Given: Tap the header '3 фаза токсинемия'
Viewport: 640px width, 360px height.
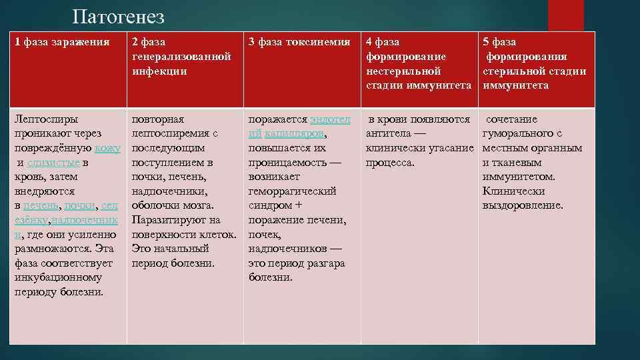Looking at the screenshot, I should pyautogui.click(x=299, y=42).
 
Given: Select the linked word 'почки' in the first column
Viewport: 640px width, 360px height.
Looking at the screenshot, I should pyautogui.click(x=81, y=206).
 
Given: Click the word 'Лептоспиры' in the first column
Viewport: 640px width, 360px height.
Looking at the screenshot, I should pyautogui.click(x=46, y=119).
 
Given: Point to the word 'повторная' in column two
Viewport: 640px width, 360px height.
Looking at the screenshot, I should pyautogui.click(x=158, y=119).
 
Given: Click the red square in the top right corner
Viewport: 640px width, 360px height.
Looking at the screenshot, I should pyautogui.click(x=565, y=15).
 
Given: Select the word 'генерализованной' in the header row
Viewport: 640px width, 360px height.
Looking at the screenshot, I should pyautogui.click(x=181, y=57).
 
